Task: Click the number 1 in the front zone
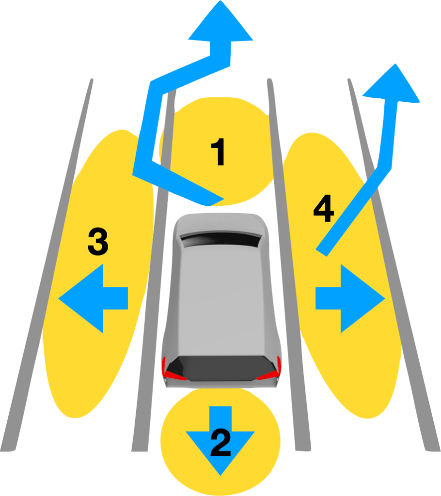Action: click(x=220, y=152)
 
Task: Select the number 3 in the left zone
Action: click(x=98, y=242)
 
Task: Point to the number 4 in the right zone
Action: click(x=323, y=211)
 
